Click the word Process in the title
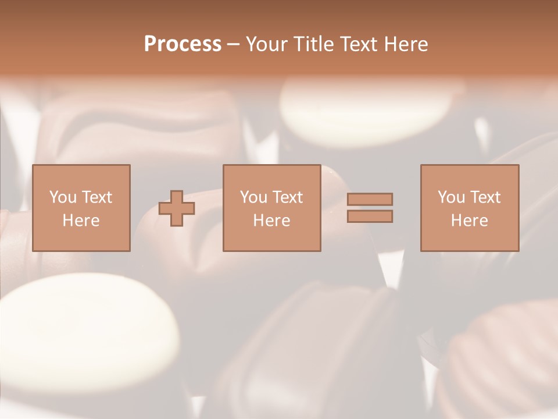(183, 44)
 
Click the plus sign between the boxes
(177, 208)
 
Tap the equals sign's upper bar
(370, 199)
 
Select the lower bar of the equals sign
(370, 216)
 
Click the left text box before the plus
(81, 208)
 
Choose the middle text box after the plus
(271, 208)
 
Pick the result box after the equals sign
(469, 208)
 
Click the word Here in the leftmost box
(81, 221)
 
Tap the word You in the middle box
(253, 197)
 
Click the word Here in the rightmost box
(469, 221)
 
